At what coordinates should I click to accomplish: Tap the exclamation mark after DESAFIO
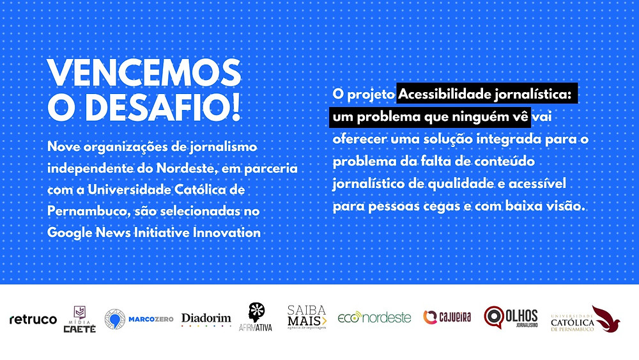pyautogui.click(x=236, y=107)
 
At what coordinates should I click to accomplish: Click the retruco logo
pyautogui.click(x=33, y=319)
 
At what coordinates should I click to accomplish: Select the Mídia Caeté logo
pyautogui.click(x=79, y=319)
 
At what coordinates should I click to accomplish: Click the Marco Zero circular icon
pyautogui.click(x=114, y=319)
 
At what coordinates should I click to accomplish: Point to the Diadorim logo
pyautogui.click(x=206, y=319)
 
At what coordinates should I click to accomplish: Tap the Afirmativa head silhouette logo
pyautogui.click(x=256, y=317)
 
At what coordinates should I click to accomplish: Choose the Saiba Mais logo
pyautogui.click(x=307, y=317)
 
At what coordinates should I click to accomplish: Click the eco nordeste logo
pyautogui.click(x=374, y=317)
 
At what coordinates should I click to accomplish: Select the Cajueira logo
pyautogui.click(x=447, y=317)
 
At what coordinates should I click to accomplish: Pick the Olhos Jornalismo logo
pyautogui.click(x=511, y=317)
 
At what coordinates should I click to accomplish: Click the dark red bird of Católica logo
pyautogui.click(x=606, y=318)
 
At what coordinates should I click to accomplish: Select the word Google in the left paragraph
pyautogui.click(x=70, y=233)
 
